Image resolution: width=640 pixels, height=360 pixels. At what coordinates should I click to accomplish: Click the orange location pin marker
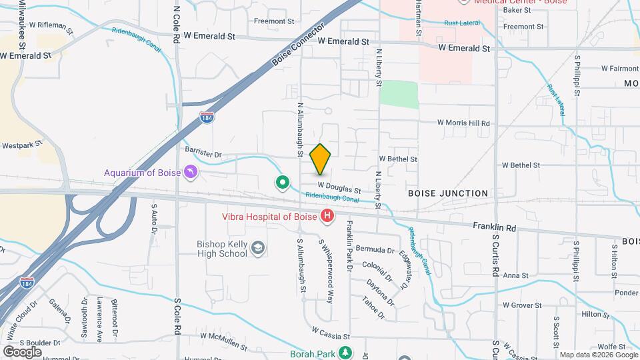pos(321,159)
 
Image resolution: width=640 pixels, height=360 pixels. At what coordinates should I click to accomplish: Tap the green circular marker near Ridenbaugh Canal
pos(283,181)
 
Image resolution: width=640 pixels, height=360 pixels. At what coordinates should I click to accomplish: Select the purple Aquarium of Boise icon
pos(191,173)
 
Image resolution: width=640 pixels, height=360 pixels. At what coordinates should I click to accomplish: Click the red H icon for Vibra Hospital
pos(327,215)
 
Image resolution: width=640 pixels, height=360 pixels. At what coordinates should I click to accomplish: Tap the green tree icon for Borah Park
pos(345,352)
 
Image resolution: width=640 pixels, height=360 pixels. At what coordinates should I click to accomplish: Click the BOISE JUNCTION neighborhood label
pos(448,193)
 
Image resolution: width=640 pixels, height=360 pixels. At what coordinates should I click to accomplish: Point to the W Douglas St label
pos(339,187)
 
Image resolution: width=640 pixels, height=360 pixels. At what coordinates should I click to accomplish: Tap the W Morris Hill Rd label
pos(463,123)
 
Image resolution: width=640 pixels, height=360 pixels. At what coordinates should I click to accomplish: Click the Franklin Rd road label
pos(495,227)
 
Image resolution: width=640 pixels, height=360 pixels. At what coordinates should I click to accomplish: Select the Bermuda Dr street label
pos(375,250)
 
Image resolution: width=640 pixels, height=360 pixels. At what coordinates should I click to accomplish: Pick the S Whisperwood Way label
pos(326,271)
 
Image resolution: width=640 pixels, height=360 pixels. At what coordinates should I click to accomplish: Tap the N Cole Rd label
pos(177,25)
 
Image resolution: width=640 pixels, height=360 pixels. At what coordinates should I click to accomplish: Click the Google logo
pos(22,351)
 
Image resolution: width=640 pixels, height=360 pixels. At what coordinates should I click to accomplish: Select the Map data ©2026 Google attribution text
pos(597,355)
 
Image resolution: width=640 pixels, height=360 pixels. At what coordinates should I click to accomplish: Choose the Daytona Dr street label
pos(380,291)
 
